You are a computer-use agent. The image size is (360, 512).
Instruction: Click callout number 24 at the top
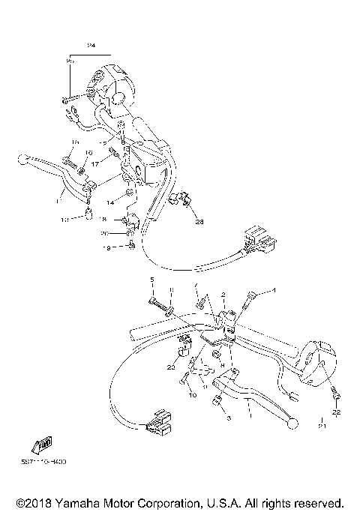click(x=92, y=46)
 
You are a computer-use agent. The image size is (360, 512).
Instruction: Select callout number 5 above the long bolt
click(x=151, y=279)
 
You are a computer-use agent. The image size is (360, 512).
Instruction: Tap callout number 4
click(x=274, y=290)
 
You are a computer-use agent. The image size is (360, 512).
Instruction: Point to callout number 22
click(x=337, y=413)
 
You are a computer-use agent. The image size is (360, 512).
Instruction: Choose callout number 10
click(x=192, y=394)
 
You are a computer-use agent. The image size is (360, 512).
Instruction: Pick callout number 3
click(x=228, y=418)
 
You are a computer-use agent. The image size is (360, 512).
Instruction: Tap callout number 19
click(x=106, y=247)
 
